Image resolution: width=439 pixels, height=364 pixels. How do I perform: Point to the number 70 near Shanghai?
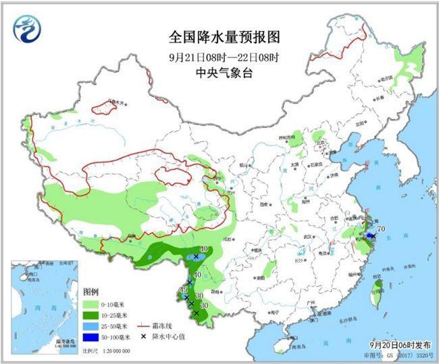(380, 229)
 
